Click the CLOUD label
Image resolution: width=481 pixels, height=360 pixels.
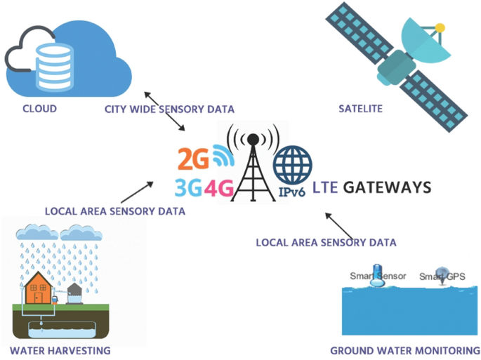[x=39, y=109]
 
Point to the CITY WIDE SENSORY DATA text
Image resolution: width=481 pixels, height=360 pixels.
[x=169, y=109]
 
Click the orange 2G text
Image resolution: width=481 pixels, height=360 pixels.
[x=193, y=159]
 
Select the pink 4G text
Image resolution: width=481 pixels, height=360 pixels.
[x=216, y=187]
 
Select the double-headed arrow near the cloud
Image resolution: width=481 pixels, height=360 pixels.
[x=164, y=111]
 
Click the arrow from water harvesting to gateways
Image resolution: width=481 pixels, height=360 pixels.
[x=137, y=192]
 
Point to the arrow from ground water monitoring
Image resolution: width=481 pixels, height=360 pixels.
[x=340, y=226]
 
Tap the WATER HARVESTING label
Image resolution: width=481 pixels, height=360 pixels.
[x=60, y=349]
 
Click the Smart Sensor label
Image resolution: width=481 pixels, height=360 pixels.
[x=378, y=276]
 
